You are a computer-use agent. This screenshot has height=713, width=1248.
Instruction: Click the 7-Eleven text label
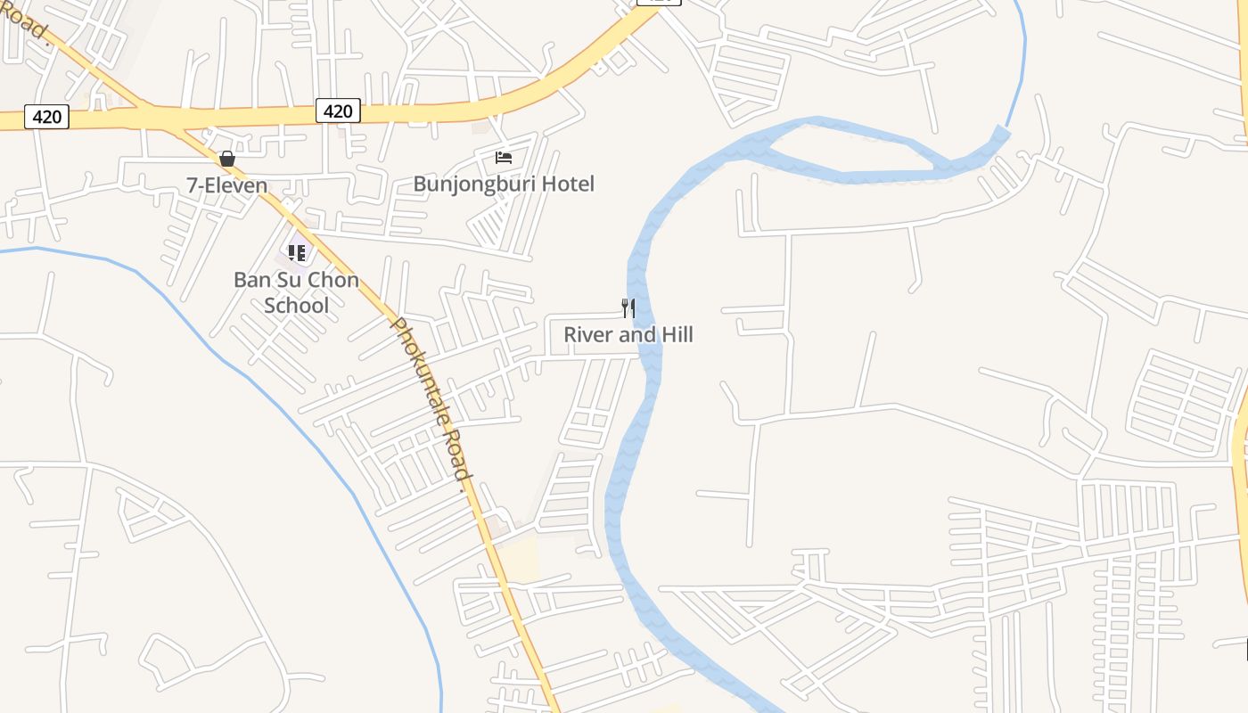point(226,185)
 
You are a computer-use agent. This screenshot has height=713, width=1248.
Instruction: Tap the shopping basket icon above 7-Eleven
point(227,159)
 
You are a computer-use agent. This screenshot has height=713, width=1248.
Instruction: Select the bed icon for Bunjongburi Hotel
point(504,158)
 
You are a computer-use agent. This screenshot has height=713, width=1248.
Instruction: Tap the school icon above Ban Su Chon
point(297,253)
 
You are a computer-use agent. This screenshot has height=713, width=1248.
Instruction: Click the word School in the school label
point(297,306)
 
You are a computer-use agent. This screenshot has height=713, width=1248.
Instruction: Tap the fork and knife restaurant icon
point(628,308)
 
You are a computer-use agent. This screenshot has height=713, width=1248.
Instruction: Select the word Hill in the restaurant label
point(676,335)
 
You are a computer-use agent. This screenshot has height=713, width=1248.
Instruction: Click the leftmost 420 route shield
point(46,116)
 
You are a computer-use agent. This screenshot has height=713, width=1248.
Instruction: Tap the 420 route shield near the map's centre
point(338,111)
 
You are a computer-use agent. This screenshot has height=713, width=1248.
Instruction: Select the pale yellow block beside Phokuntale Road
point(517,557)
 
